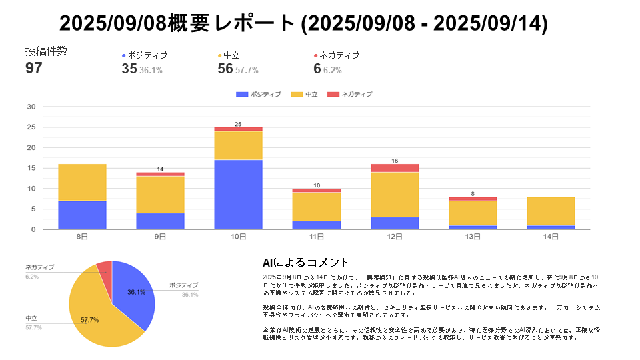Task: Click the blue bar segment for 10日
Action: click(x=238, y=195)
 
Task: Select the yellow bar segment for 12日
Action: click(x=395, y=195)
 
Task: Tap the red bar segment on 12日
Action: click(x=395, y=168)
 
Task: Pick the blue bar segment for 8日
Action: click(x=82, y=215)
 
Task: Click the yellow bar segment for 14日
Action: click(x=551, y=211)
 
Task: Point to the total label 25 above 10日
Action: click(x=238, y=124)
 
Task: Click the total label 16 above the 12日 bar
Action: click(x=395, y=161)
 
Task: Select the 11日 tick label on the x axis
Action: click(x=316, y=237)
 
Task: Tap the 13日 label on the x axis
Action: click(x=473, y=237)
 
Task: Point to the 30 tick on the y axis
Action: click(x=31, y=107)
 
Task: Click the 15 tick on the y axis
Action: click(x=31, y=168)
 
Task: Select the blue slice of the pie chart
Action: click(x=133, y=293)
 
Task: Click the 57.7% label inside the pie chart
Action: click(x=90, y=320)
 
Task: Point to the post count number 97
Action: click(x=34, y=69)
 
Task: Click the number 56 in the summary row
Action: click(x=225, y=69)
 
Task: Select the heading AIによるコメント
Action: click(x=306, y=263)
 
